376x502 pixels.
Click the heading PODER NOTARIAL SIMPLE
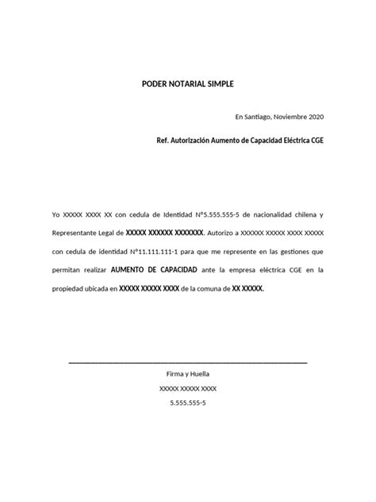[188, 83]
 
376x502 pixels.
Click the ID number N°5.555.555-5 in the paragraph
[203, 214]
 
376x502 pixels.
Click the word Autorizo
[222, 234]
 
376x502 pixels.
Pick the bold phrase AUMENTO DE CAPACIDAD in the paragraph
[154, 270]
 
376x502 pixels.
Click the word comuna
[215, 289]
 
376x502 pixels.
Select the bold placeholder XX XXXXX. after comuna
[247, 289]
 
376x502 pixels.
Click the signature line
[188, 362]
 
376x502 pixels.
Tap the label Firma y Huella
[188, 374]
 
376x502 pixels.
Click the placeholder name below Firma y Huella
[188, 388]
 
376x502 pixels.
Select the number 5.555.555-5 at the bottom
[188, 404]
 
